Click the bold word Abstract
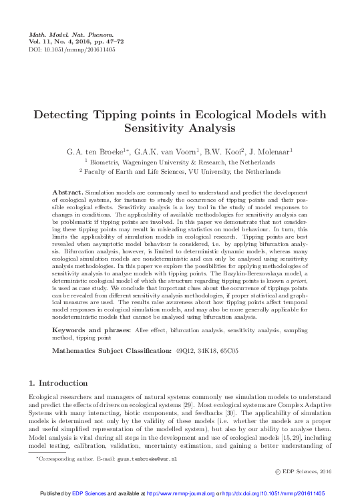(67, 193)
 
